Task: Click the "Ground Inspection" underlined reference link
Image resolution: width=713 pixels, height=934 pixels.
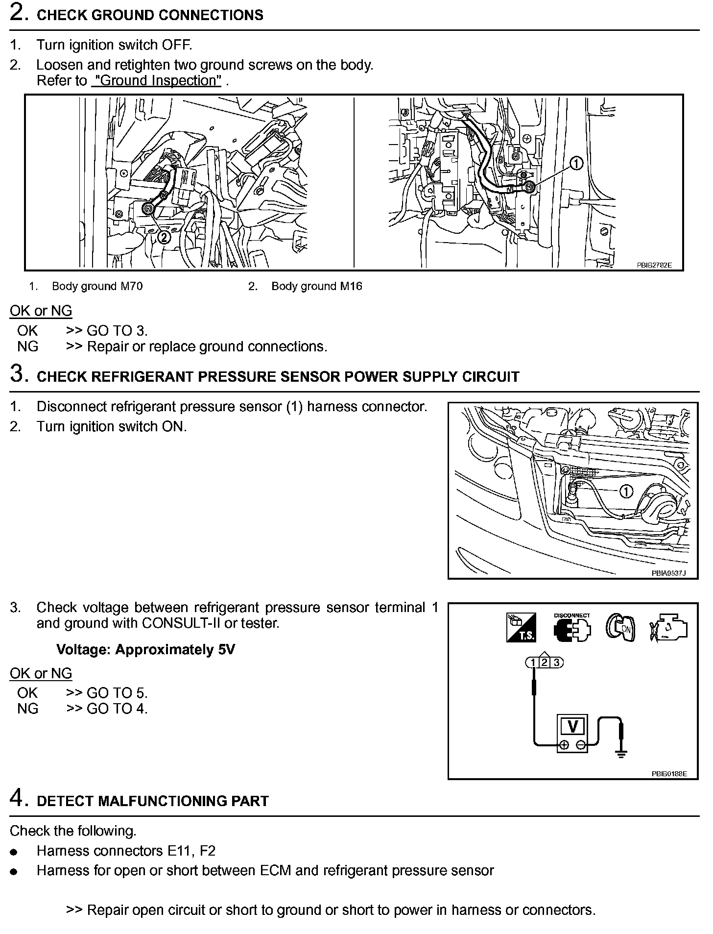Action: (156, 81)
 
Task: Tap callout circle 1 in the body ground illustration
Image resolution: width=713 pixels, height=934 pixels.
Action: (576, 164)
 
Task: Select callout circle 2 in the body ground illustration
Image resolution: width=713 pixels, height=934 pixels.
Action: (164, 237)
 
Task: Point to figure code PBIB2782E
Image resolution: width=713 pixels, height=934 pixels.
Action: (654, 265)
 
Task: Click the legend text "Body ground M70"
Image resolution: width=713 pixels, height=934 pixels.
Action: (97, 286)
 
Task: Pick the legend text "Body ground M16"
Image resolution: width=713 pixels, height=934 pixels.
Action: (316, 286)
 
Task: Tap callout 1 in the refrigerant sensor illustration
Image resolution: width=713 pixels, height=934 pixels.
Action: (626, 491)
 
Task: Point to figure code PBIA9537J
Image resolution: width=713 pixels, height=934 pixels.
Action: (668, 573)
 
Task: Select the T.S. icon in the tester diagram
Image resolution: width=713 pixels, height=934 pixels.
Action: (521, 628)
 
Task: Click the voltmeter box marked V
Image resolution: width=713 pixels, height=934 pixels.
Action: (572, 732)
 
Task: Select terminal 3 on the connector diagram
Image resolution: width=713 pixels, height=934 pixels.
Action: (556, 663)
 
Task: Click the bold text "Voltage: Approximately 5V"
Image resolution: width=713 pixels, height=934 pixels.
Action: (145, 650)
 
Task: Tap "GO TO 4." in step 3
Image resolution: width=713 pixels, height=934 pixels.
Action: (117, 709)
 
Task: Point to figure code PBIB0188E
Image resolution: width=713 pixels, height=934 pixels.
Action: (669, 774)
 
